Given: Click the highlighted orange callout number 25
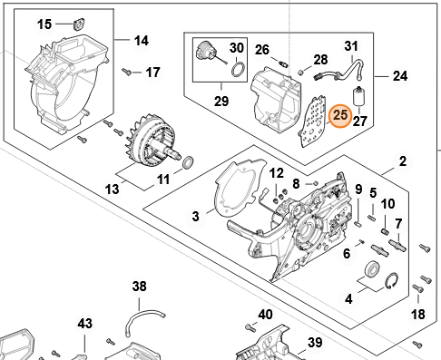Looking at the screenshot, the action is (x=340, y=115).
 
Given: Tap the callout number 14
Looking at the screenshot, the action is (x=142, y=41).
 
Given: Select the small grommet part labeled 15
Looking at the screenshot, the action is (x=79, y=24).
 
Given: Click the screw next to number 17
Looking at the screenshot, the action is (x=127, y=72).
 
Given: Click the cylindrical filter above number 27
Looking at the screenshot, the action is (x=359, y=96).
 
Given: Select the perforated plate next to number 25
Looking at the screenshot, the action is (x=312, y=122).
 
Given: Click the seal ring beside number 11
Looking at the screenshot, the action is (x=188, y=161).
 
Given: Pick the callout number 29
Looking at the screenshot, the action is (x=221, y=101).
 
